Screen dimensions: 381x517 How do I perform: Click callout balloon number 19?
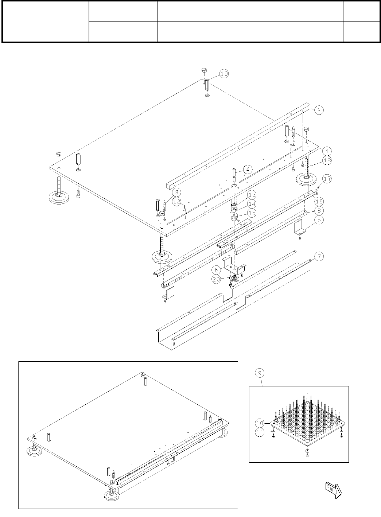click(x=224, y=74)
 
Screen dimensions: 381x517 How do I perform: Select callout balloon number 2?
click(x=319, y=110)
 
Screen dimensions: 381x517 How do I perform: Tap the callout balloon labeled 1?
click(x=327, y=151)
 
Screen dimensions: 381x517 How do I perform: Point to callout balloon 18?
click(x=327, y=160)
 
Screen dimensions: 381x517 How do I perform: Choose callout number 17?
click(x=327, y=179)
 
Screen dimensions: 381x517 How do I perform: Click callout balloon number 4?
click(x=248, y=170)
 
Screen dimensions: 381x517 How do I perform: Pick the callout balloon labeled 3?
click(x=176, y=192)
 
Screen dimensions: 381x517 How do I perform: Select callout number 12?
click(x=177, y=202)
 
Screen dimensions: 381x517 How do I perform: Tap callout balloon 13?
click(x=252, y=195)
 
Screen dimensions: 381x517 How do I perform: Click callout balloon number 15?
click(x=252, y=213)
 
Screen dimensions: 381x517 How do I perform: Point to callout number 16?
click(x=319, y=202)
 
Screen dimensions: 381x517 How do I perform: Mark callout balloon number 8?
click(x=319, y=210)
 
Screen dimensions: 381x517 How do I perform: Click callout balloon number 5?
click(x=319, y=220)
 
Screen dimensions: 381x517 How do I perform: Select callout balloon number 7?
click(x=319, y=256)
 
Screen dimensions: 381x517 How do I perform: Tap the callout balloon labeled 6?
click(x=217, y=270)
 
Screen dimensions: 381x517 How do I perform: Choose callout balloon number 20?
click(x=217, y=279)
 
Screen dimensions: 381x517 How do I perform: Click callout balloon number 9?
click(x=260, y=373)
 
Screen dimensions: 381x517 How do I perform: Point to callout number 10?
click(x=260, y=423)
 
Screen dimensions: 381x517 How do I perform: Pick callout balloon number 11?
click(x=260, y=432)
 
